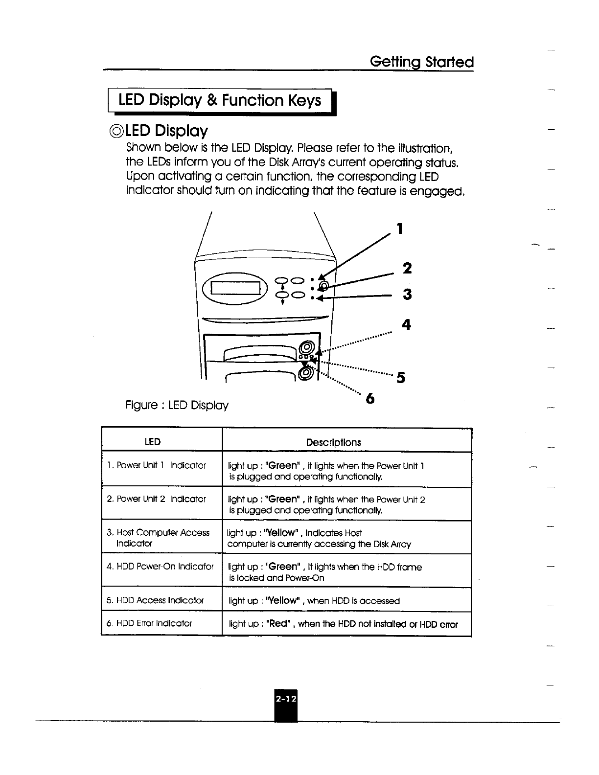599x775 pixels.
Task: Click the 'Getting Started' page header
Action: pyautogui.click(x=422, y=62)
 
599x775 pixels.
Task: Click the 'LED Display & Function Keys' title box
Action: pyautogui.click(x=220, y=101)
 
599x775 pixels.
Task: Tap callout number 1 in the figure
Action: pyautogui.click(x=400, y=228)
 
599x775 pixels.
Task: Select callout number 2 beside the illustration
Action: pyautogui.click(x=407, y=268)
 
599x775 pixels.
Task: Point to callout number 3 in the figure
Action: pyautogui.click(x=407, y=295)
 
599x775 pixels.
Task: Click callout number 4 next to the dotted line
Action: pyautogui.click(x=406, y=324)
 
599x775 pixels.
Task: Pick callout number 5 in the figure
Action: pyautogui.click(x=401, y=378)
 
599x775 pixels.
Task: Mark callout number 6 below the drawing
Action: pyautogui.click(x=370, y=399)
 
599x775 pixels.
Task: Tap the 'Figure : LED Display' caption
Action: pyautogui.click(x=177, y=406)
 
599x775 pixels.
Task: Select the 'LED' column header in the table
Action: pyautogui.click(x=153, y=442)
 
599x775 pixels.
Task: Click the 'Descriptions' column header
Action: pyautogui.click(x=333, y=442)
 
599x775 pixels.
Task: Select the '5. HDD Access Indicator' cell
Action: pyautogui.click(x=155, y=600)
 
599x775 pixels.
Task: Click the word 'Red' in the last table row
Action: pyautogui.click(x=277, y=624)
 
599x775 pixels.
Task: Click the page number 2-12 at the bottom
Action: pyautogui.click(x=285, y=699)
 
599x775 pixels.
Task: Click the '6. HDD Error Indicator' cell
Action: pyautogui.click(x=149, y=623)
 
